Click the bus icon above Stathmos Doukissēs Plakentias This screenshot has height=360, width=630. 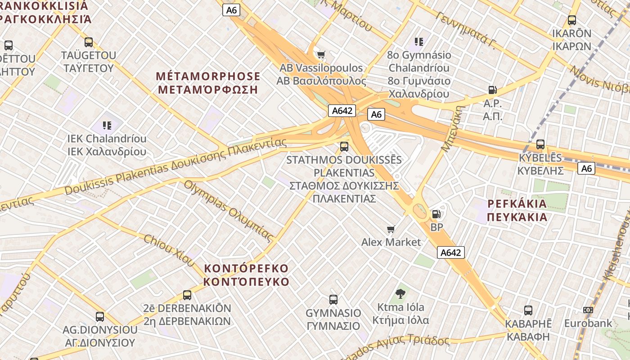pyautogui.click(x=344, y=146)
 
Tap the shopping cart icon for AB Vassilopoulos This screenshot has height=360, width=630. pyautogui.click(x=321, y=55)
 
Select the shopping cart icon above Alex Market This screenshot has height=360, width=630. pyautogui.click(x=391, y=229)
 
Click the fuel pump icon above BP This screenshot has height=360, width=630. pyautogui.click(x=436, y=215)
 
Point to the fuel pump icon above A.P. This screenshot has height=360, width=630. pyautogui.click(x=493, y=90)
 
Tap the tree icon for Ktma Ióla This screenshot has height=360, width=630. pyautogui.click(x=400, y=294)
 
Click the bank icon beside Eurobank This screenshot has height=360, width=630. pyautogui.click(x=588, y=310)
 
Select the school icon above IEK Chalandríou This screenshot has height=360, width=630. pyautogui.click(x=107, y=125)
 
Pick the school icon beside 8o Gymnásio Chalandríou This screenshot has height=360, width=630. pyautogui.click(x=419, y=42)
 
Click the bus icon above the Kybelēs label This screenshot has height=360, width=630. pyautogui.click(x=540, y=144)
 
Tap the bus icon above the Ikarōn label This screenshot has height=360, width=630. pyautogui.click(x=572, y=20)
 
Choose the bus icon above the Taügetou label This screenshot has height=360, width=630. pyautogui.click(x=89, y=42)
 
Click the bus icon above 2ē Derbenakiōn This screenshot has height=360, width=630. pyautogui.click(x=187, y=295)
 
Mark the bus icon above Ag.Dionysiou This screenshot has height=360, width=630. pyautogui.click(x=100, y=317)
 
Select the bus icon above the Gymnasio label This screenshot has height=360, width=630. pyautogui.click(x=333, y=300)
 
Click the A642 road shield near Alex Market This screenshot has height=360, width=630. pyautogui.click(x=450, y=252)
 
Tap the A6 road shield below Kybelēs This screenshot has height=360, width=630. pyautogui.click(x=586, y=168)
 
